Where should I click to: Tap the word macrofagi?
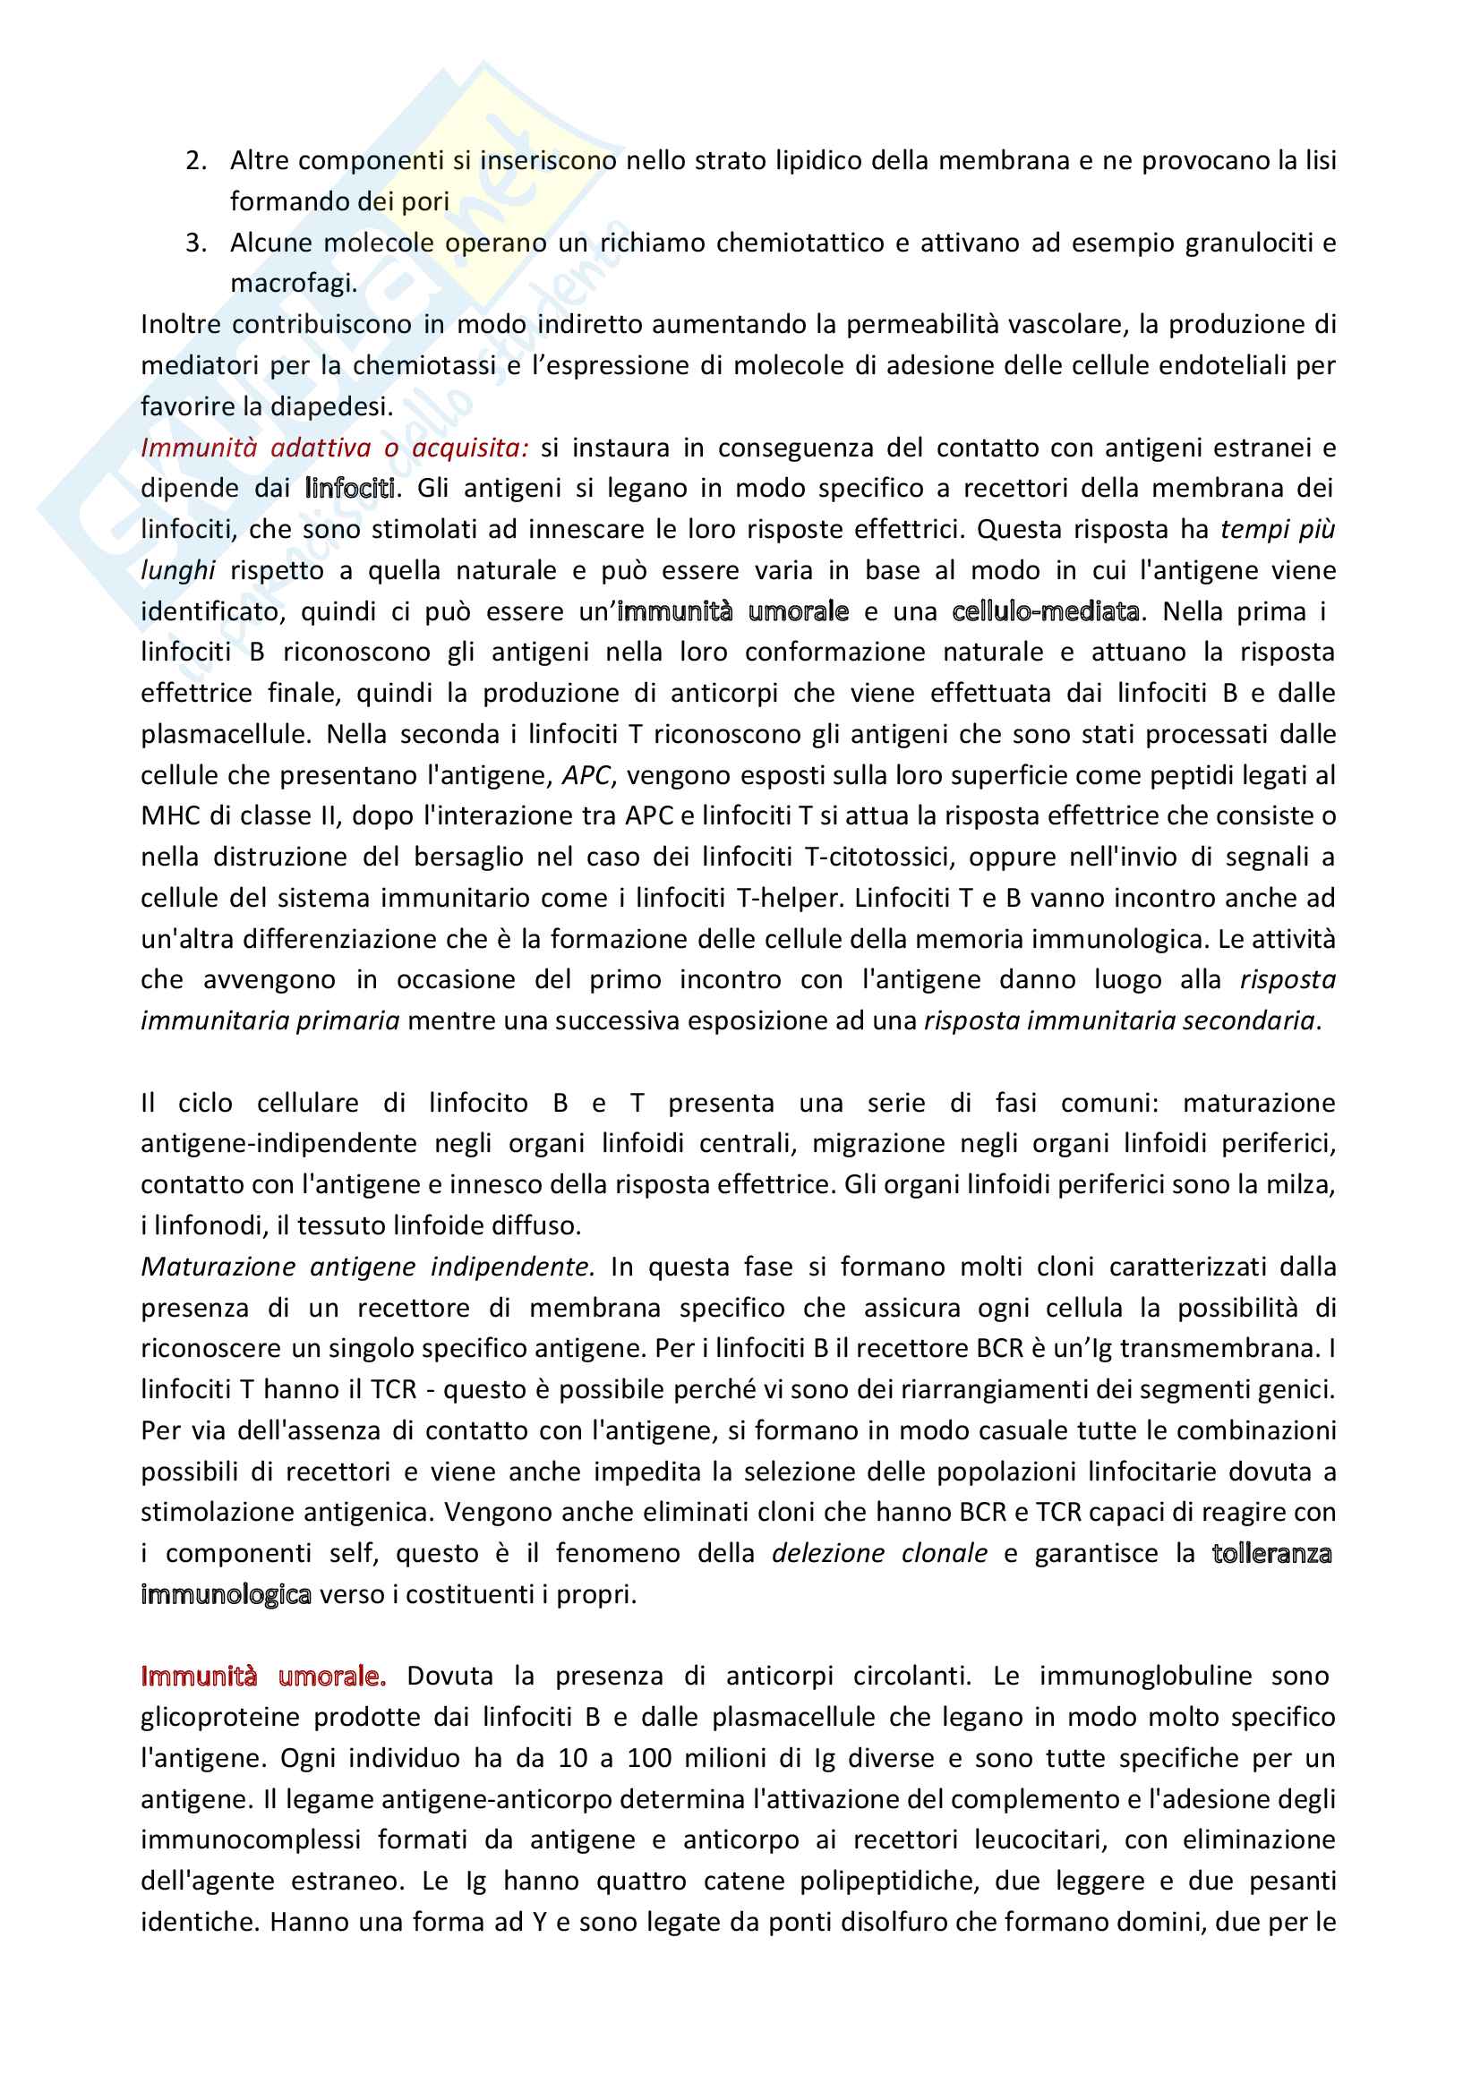pos(293,285)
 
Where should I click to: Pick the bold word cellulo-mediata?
pos(1045,611)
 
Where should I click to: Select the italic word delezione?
pos(827,1553)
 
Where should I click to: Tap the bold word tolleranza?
pos(1271,1553)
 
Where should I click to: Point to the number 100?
pos(649,1758)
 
